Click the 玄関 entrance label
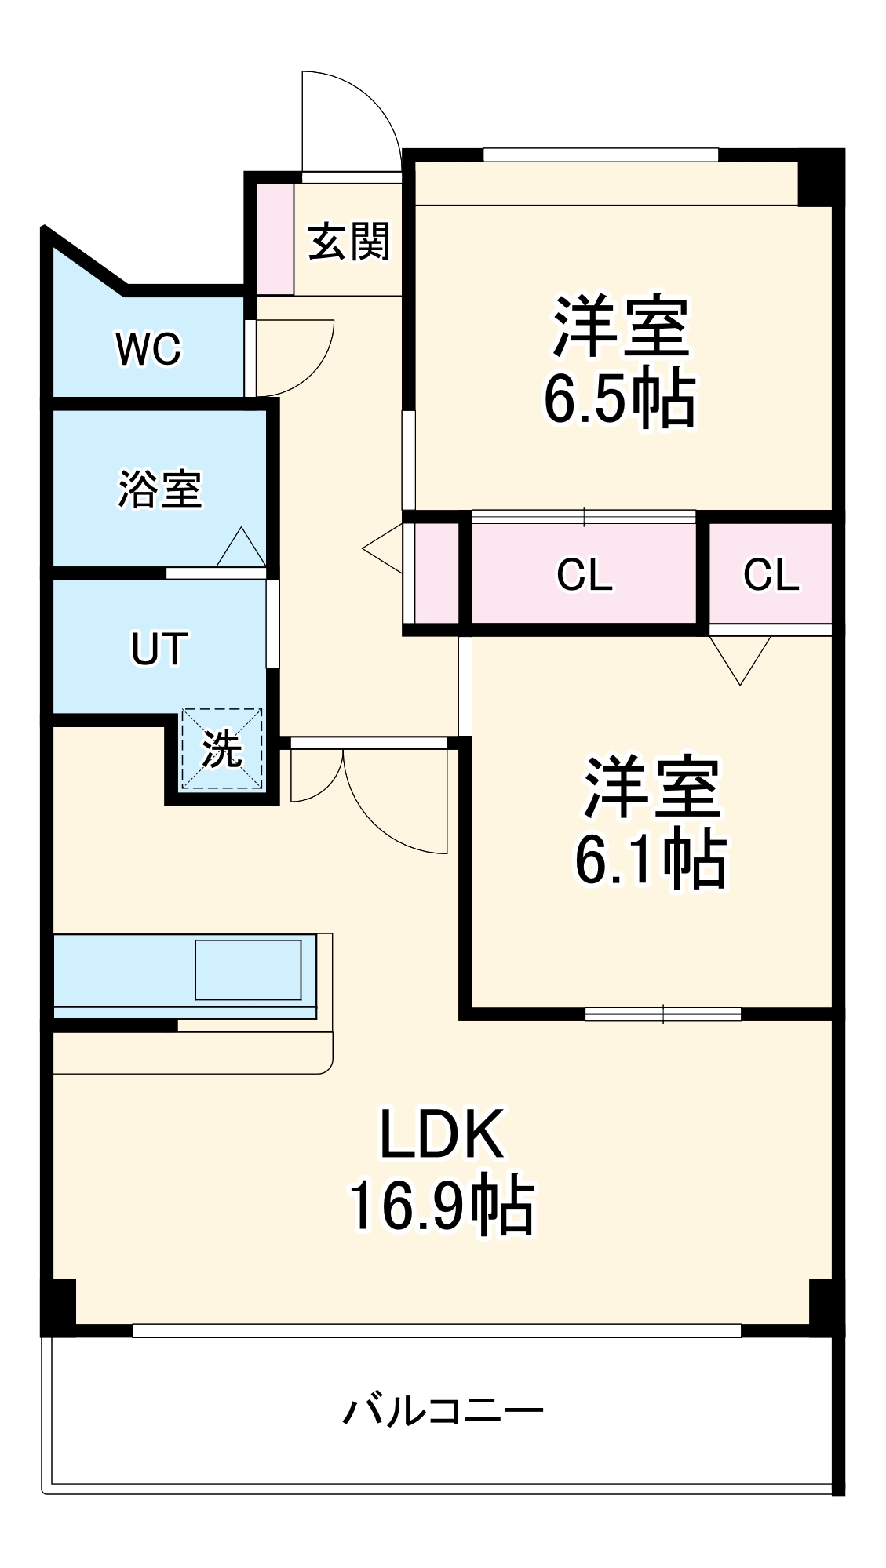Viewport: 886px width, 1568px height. (348, 242)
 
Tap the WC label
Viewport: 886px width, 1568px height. (148, 348)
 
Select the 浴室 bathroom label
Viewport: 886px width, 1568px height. (160, 489)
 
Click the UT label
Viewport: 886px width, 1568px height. (159, 649)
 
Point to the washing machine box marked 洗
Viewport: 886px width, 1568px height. (221, 749)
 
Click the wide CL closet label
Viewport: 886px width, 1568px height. (584, 575)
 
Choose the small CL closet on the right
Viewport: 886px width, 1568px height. (771, 575)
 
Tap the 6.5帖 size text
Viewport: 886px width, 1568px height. (619, 399)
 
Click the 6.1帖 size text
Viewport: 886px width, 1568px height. (651, 860)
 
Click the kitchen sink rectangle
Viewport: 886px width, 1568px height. (248, 970)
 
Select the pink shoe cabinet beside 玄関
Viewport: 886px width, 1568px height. (275, 238)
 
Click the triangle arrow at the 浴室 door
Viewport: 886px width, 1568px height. (241, 549)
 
